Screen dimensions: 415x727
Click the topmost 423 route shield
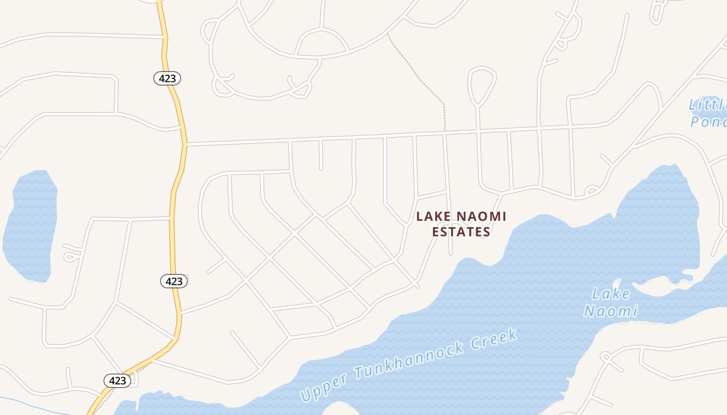[x=167, y=78]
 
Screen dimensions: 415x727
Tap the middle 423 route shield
[x=173, y=281]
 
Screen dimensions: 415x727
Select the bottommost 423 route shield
[x=117, y=380]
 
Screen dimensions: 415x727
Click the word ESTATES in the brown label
[x=461, y=232]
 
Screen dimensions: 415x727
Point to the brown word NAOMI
[x=482, y=216]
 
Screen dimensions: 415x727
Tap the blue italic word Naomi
[x=611, y=311]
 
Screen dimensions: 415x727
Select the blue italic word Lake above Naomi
[x=611, y=294]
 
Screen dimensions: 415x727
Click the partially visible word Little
[x=707, y=105]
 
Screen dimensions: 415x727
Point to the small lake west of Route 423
[x=30, y=226]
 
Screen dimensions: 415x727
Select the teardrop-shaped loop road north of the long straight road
[x=482, y=83]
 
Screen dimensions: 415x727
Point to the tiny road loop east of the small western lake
[x=71, y=256]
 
